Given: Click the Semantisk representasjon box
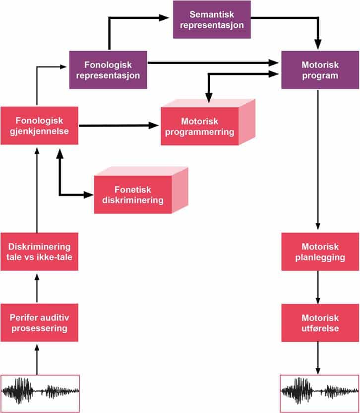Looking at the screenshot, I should coord(212,20).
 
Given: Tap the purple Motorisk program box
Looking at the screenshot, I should coord(320,69).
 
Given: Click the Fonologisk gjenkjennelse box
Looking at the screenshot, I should coord(39,126).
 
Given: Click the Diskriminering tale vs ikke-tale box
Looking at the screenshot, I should coord(39,252).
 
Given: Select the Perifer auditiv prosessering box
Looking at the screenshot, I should coord(39,323).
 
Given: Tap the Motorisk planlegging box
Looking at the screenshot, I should coord(320,252).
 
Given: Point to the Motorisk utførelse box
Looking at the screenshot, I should coord(320,323).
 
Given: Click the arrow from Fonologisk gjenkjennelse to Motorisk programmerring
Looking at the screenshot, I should coord(119,126).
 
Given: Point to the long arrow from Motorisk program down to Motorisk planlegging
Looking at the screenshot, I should coord(318,159).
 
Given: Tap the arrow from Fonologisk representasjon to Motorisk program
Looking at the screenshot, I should coord(213,63).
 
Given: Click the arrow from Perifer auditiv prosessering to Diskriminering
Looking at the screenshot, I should coord(37,288).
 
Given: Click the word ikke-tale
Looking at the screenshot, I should coord(55,257).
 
